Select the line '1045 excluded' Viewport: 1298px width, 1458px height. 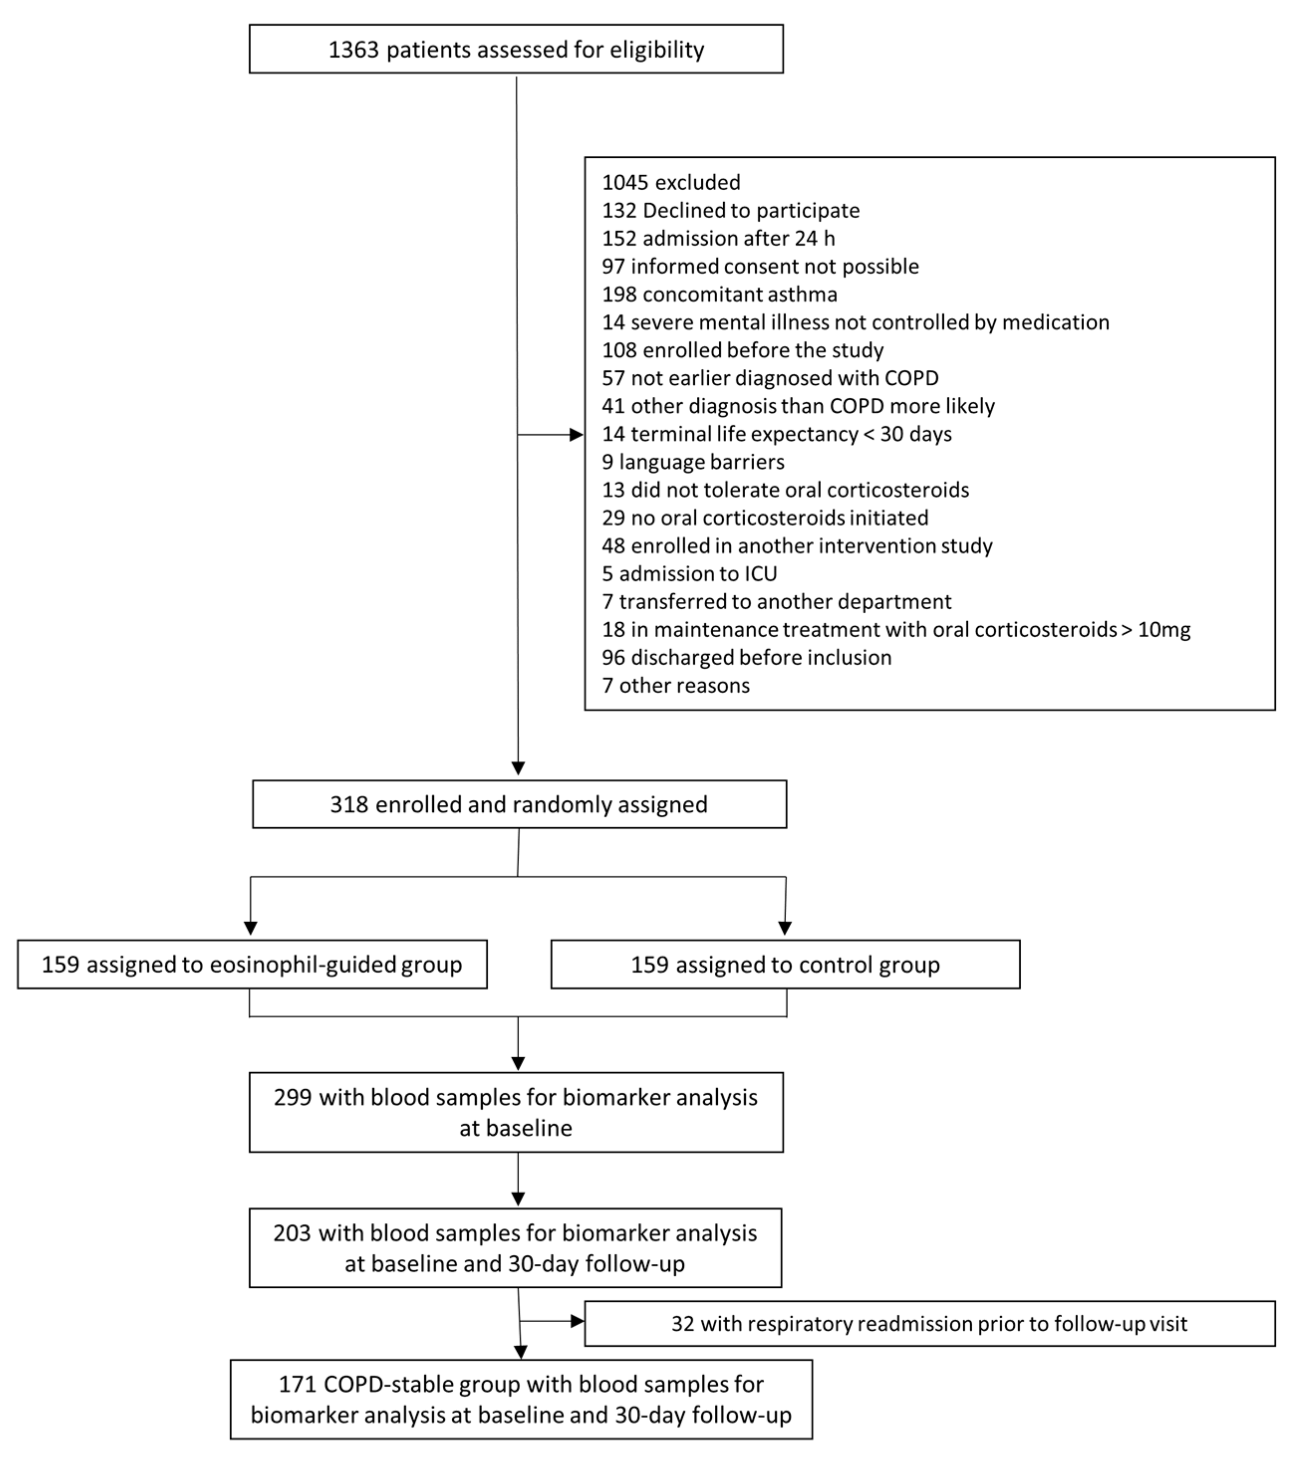coord(671,183)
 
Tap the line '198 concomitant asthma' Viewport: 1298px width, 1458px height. coord(719,294)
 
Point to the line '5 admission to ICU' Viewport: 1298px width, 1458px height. coord(689,573)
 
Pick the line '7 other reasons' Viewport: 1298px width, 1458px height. coord(676,685)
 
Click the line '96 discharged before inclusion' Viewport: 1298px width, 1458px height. coord(747,658)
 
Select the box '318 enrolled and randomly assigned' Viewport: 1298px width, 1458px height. coord(519,804)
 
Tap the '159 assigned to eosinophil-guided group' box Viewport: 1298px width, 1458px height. coord(252,964)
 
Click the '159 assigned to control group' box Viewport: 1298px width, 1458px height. coord(785,964)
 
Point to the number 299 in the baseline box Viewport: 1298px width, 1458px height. coord(292,1097)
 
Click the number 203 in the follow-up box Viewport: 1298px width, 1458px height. coord(292,1233)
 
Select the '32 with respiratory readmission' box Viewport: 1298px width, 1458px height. coord(929,1324)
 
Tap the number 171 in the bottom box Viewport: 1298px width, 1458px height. coord(297,1384)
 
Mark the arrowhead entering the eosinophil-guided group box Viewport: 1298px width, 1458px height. coord(251,928)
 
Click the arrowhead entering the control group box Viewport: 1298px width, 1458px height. coord(785,928)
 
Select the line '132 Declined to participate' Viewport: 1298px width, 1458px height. coord(731,211)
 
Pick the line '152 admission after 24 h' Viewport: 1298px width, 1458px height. coord(718,238)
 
